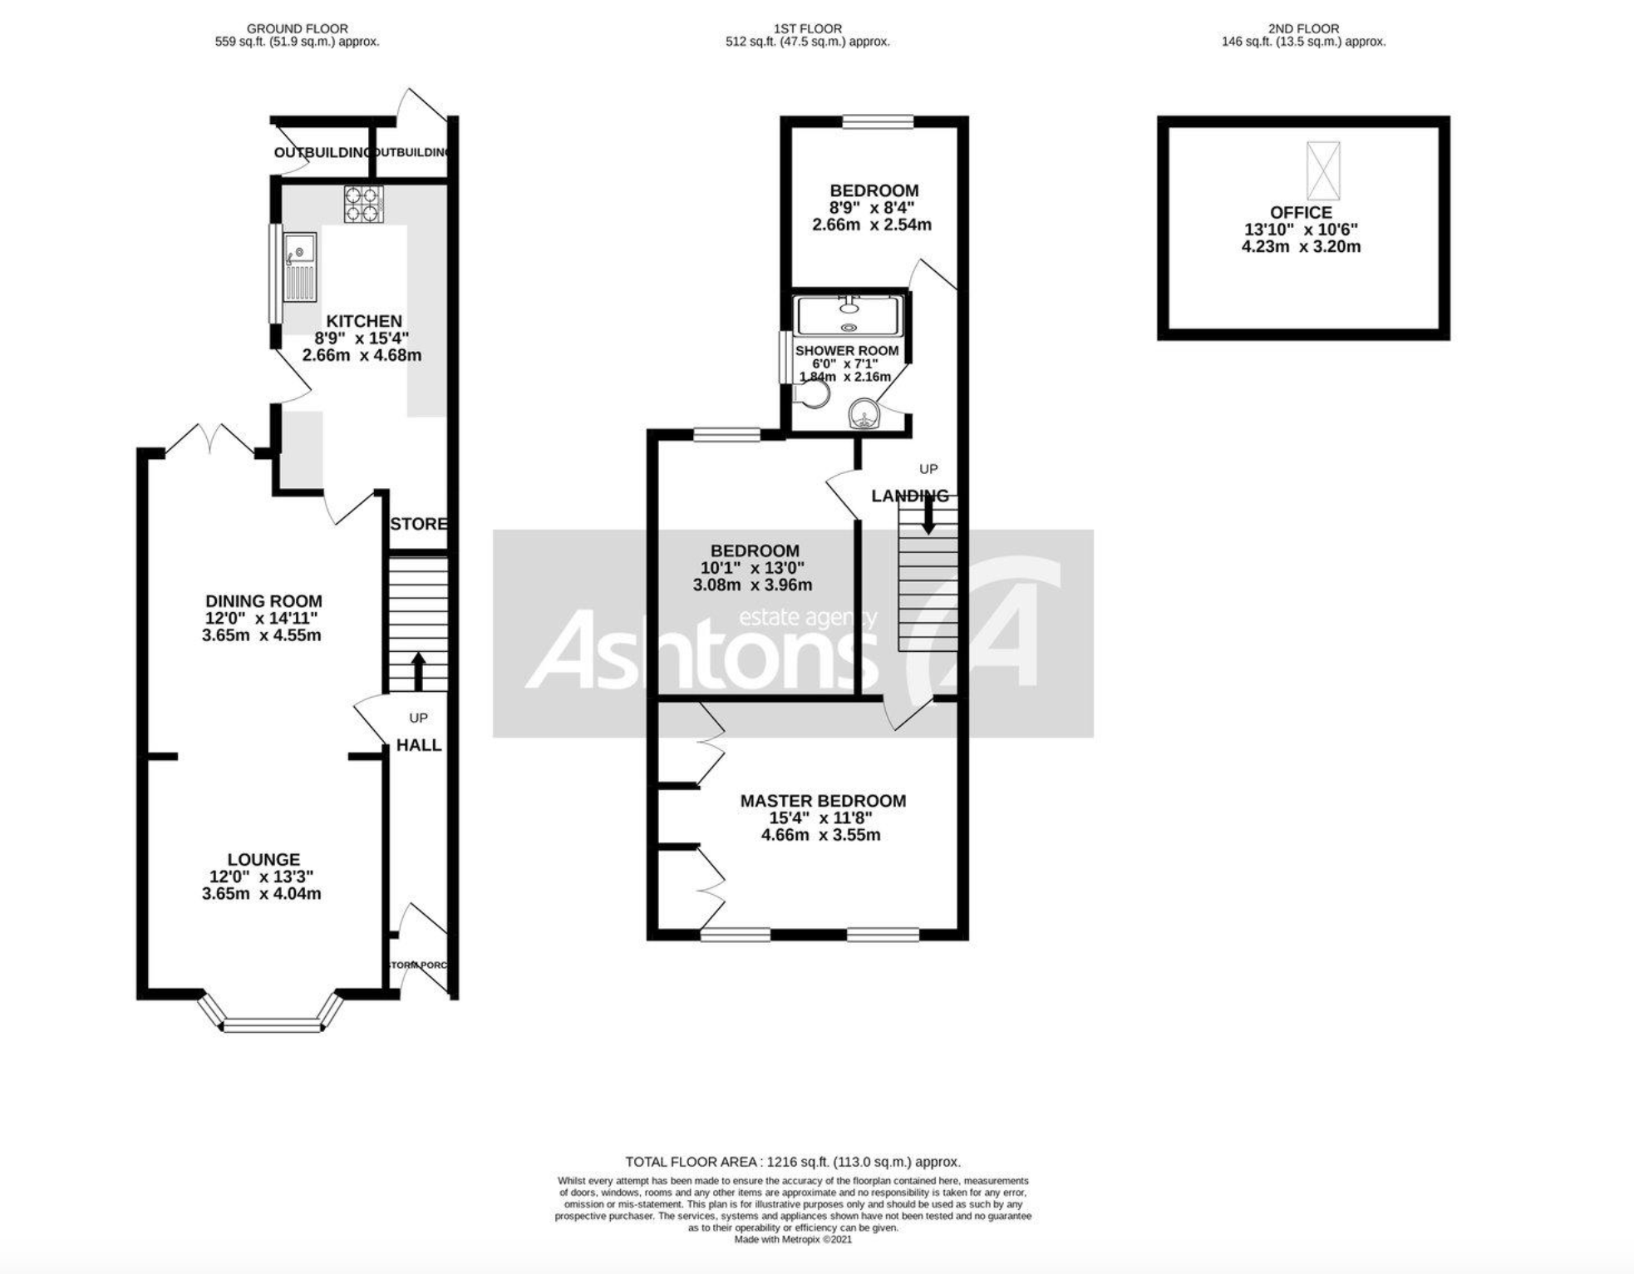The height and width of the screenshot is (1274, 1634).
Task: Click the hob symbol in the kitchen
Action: click(364, 204)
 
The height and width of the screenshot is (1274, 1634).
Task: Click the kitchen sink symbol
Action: click(299, 266)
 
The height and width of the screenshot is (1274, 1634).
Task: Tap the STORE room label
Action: click(418, 524)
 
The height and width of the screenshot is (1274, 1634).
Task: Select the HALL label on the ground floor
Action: click(419, 745)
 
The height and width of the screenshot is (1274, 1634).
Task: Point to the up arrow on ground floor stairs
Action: click(418, 670)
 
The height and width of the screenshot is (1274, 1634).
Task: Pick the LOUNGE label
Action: click(263, 860)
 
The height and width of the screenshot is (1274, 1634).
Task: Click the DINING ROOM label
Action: click(263, 601)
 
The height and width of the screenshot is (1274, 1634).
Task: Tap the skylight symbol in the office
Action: click(1323, 170)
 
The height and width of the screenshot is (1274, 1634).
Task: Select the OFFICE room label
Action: click(1301, 213)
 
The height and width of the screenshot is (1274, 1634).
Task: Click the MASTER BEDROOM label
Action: click(823, 801)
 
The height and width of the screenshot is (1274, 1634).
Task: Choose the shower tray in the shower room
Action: click(848, 316)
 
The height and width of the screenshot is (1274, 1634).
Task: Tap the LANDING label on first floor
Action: click(909, 496)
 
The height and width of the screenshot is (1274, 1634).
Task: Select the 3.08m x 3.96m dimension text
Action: click(752, 585)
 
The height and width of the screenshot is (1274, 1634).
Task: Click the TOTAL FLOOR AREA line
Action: click(792, 1162)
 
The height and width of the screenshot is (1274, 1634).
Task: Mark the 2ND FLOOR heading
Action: click(1302, 28)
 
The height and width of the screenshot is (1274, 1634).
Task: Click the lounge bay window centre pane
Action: click(272, 1027)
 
